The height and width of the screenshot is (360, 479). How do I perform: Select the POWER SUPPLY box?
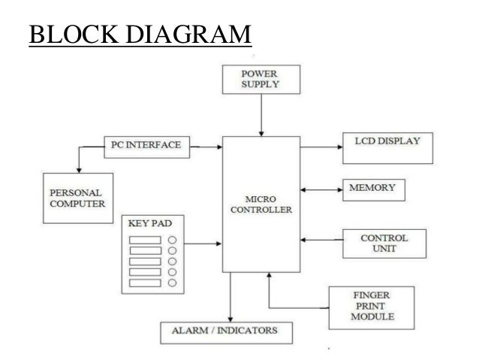(261, 80)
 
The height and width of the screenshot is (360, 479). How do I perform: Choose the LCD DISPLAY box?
(388, 146)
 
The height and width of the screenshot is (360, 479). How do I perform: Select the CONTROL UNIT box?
(384, 242)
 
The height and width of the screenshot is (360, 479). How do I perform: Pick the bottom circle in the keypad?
(173, 283)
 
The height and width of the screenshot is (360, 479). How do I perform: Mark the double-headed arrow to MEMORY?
(321, 188)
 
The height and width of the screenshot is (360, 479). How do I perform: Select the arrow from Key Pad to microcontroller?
(203, 244)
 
